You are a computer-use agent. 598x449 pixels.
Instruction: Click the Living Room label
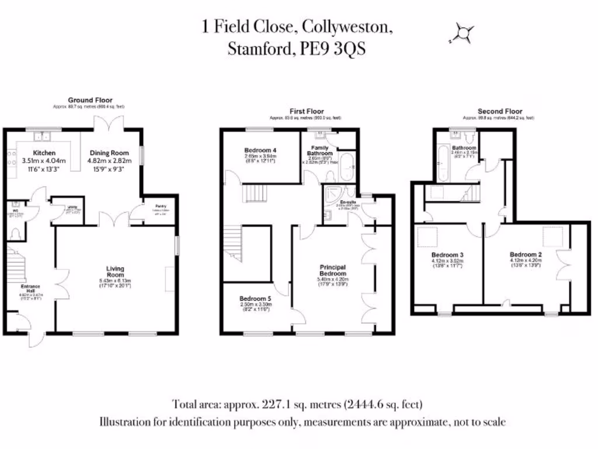(115, 272)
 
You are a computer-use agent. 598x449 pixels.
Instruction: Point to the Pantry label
(159, 206)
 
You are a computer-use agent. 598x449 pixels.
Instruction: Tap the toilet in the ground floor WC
(15, 233)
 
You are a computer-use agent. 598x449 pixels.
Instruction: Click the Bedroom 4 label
(260, 151)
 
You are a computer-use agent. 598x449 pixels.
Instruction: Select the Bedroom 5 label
(256, 298)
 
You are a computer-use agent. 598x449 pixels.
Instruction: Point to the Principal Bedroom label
(333, 270)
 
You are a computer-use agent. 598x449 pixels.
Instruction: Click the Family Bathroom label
(320, 151)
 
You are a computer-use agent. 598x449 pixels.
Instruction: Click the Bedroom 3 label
(447, 255)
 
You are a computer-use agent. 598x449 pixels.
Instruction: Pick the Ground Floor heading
(90, 101)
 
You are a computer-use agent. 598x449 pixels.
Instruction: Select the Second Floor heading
(500, 111)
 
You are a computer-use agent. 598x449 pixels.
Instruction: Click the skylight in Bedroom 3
(430, 237)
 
